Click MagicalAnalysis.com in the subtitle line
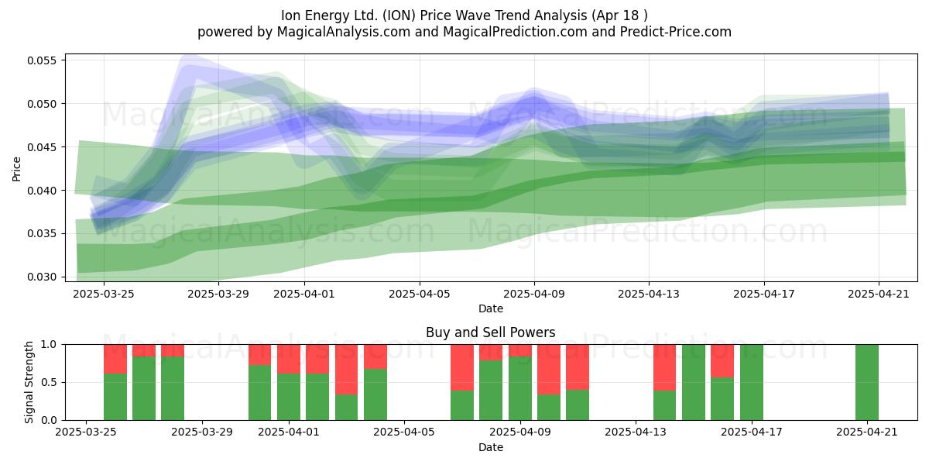[344, 32]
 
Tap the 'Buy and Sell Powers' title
[490, 332]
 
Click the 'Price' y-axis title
[16, 169]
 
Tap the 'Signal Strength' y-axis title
[29, 382]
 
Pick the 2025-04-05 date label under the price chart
[420, 294]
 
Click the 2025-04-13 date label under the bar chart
[636, 432]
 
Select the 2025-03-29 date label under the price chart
[218, 294]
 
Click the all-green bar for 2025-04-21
[867, 382]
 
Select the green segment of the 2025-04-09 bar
[520, 388]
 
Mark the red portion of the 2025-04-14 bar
[664, 367]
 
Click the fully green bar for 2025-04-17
[752, 382]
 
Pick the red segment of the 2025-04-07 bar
[462, 367]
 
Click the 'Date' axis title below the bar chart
[491, 447]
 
